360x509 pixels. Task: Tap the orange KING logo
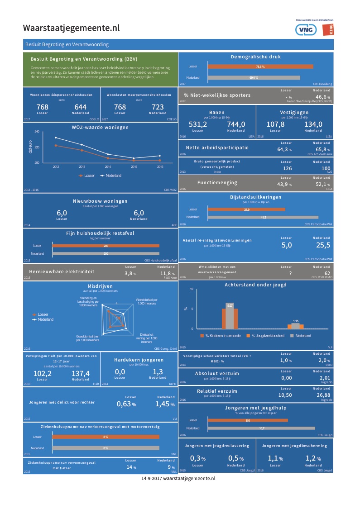(x=328, y=30)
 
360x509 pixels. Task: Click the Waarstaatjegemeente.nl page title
(x=72, y=28)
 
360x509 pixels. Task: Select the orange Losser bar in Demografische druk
(x=260, y=67)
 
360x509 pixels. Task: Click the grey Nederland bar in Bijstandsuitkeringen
(x=263, y=217)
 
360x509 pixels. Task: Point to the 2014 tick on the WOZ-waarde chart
(x=108, y=166)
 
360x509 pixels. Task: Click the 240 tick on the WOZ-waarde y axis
(x=37, y=132)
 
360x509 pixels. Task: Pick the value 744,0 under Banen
(x=236, y=124)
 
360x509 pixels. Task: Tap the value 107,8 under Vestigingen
(x=275, y=124)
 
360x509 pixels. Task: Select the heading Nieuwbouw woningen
(x=100, y=201)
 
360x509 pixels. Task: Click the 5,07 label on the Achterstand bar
(x=230, y=306)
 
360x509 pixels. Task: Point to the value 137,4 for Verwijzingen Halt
(x=81, y=373)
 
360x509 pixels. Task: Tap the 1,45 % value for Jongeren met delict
(x=165, y=404)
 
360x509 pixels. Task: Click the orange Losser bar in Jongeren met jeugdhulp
(x=248, y=420)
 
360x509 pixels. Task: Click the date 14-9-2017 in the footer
(x=151, y=478)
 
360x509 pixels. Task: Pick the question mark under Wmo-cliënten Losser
(x=283, y=273)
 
